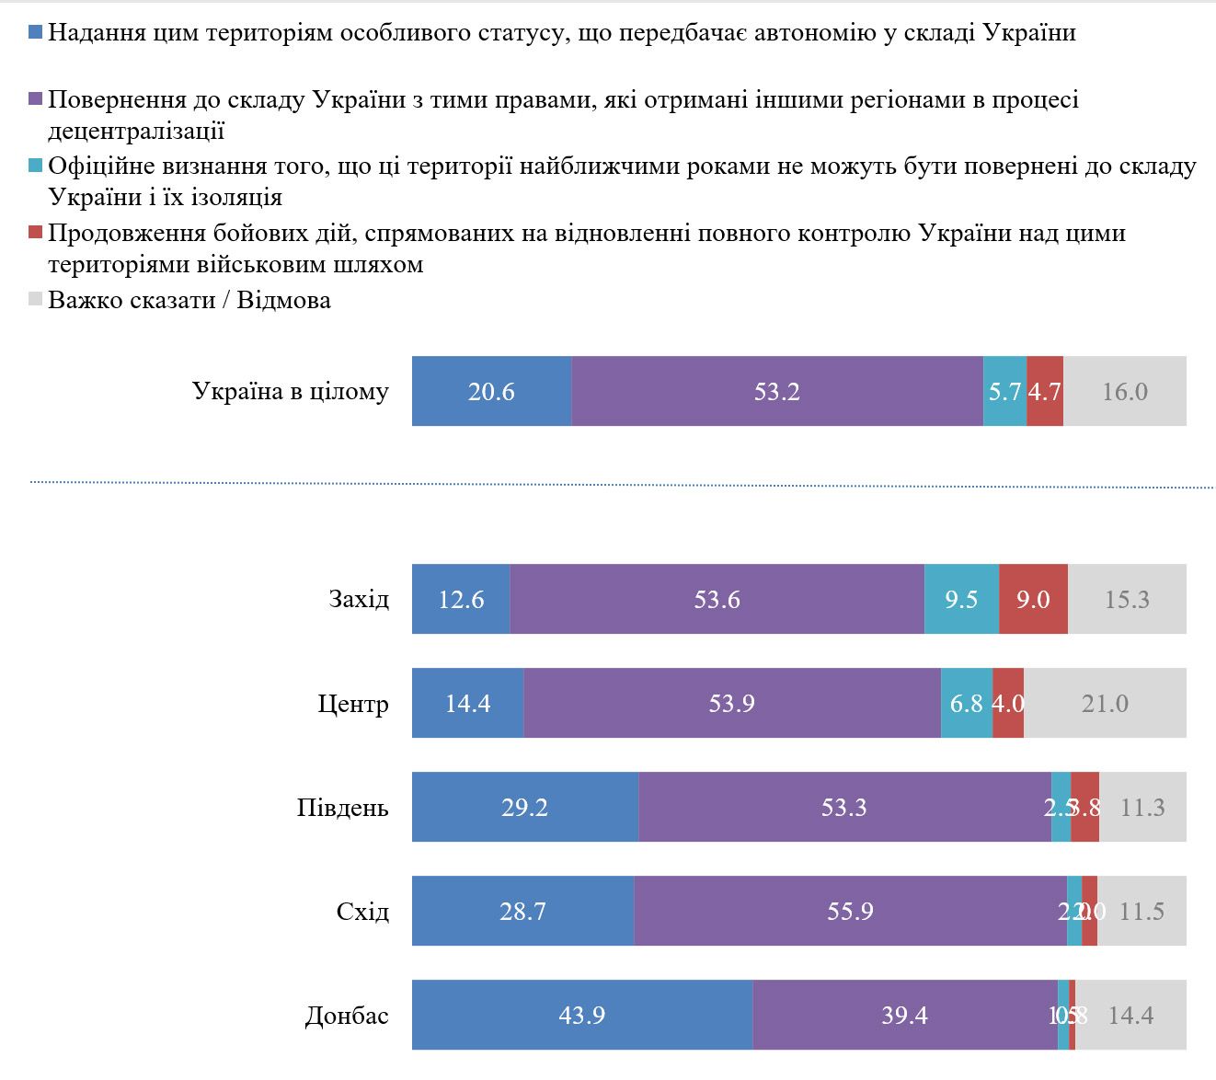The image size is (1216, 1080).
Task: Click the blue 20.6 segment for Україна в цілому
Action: [x=491, y=391]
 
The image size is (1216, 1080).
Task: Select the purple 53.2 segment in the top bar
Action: [x=777, y=391]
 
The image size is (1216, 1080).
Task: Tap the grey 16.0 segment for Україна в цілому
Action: [x=1124, y=391]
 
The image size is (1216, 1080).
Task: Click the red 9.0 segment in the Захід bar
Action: [x=1033, y=599]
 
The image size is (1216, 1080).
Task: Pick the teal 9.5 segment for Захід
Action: [x=961, y=599]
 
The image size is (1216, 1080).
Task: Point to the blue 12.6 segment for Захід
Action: [x=461, y=599]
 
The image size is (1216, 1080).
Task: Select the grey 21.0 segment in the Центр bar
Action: [x=1105, y=703]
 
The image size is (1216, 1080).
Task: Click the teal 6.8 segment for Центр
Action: [x=967, y=703]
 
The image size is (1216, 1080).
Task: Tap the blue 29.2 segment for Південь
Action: [x=525, y=807]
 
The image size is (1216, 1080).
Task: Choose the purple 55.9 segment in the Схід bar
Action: [x=850, y=911]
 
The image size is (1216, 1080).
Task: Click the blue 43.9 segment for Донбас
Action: [x=582, y=1015]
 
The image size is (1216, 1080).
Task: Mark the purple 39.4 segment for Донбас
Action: [x=905, y=1015]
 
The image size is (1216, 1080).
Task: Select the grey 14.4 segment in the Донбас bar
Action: [x=1130, y=1015]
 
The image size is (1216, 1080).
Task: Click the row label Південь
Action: [x=342, y=808]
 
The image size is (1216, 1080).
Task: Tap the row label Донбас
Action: [x=347, y=1016]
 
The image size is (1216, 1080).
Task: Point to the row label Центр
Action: [x=353, y=704]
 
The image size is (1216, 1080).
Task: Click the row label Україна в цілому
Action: [x=291, y=391]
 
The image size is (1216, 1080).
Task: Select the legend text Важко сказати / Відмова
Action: [x=189, y=300]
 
